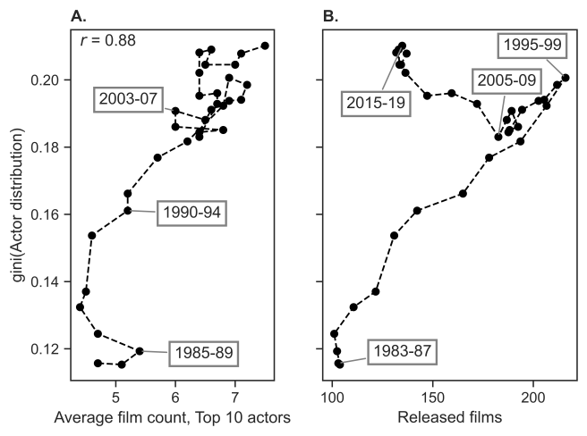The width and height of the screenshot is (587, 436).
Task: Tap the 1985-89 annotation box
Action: pyautogui.click(x=203, y=353)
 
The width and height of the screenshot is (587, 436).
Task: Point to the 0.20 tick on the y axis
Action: pyautogui.click(x=45, y=80)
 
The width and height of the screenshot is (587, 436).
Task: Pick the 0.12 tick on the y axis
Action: pyautogui.click(x=45, y=349)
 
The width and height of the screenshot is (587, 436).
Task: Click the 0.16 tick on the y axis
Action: pyautogui.click(x=45, y=214)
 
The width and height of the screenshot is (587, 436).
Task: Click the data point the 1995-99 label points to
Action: pyautogui.click(x=566, y=78)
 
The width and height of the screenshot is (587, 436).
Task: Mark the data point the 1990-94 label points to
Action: pyautogui.click(x=128, y=211)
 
